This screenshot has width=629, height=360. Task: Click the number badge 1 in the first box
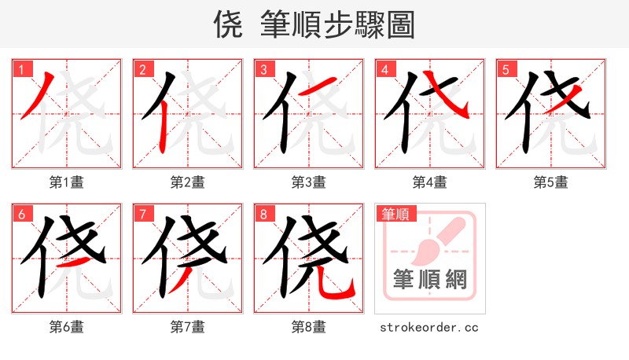click(x=20, y=69)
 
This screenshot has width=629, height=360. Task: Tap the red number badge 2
click(x=142, y=69)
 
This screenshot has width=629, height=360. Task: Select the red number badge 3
click(x=263, y=69)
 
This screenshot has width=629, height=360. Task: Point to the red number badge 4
click(x=384, y=69)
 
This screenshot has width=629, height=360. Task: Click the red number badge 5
click(x=505, y=69)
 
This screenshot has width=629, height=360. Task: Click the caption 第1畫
click(x=66, y=182)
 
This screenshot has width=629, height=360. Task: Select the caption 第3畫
click(x=308, y=182)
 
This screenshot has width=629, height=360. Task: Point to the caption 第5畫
click(x=550, y=182)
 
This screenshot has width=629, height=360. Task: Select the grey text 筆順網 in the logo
click(x=429, y=279)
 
